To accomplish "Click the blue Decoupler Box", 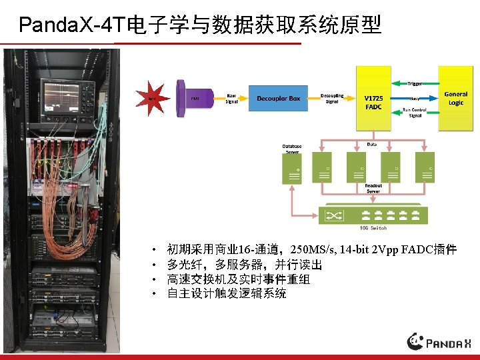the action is (x=278, y=99).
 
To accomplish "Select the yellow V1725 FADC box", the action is (x=374, y=102).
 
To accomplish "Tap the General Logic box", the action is (x=456, y=98).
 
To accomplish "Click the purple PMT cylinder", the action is (x=193, y=99).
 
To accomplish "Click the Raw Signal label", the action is (x=231, y=98).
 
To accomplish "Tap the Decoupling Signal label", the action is (x=332, y=98).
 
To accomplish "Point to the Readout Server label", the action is (x=373, y=189).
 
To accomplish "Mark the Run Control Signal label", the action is (x=415, y=112).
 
